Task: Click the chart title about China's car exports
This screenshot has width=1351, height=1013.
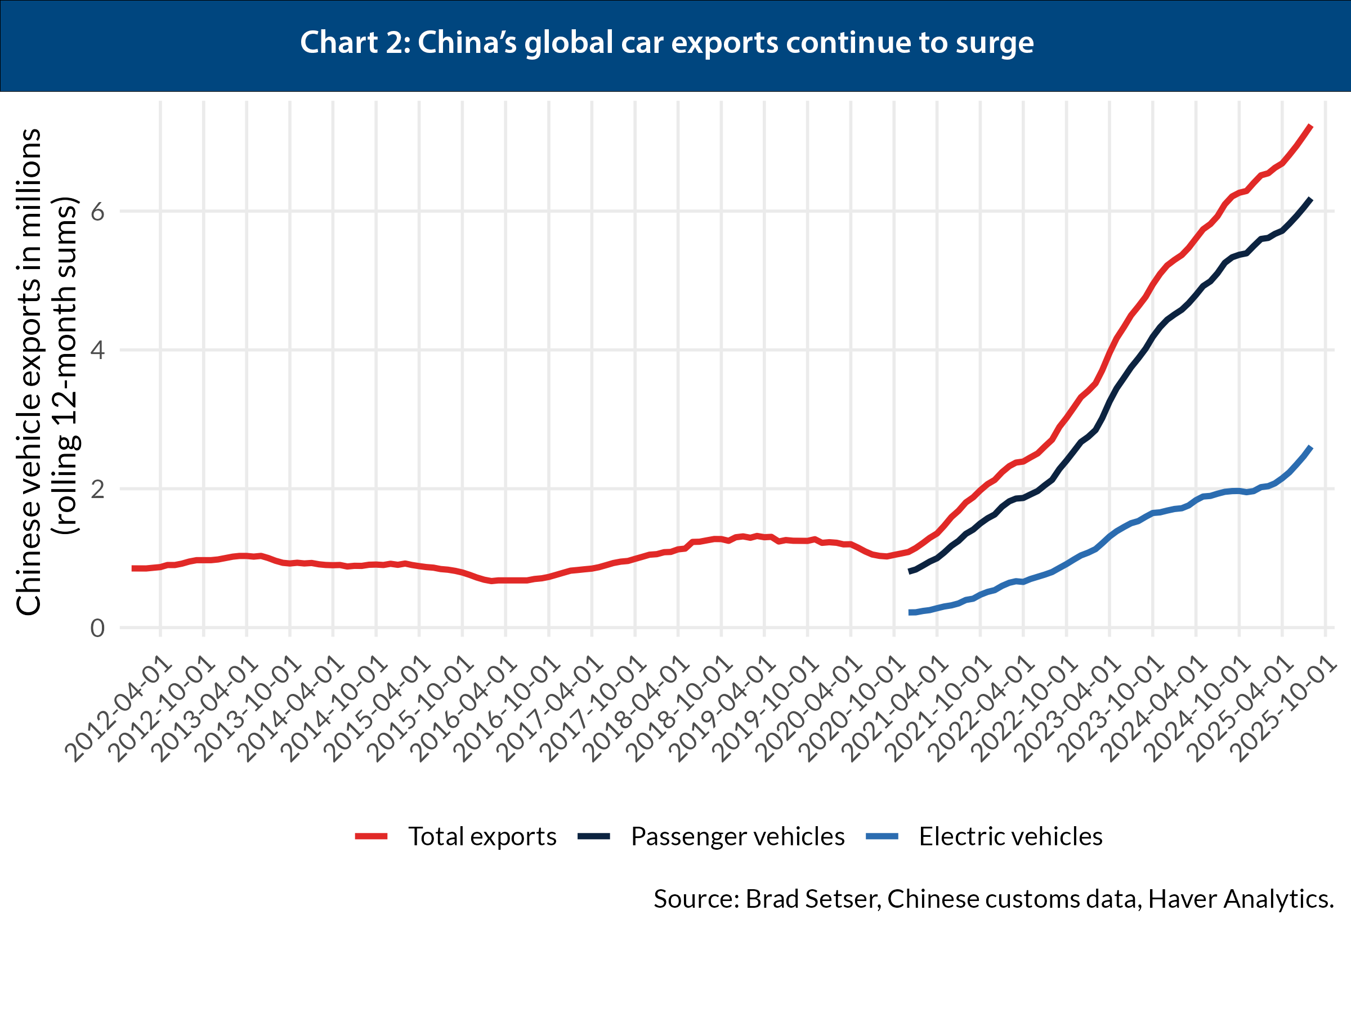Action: tap(666, 43)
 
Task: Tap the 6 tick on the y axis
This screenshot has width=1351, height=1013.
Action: tap(98, 212)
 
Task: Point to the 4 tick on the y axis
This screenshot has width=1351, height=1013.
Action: tap(98, 351)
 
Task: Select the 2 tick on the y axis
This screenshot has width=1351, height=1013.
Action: tap(98, 489)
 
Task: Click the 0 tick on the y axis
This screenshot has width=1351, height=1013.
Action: tap(98, 627)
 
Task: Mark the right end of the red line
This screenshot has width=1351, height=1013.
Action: tap(1311, 126)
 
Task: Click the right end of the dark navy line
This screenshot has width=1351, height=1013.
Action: tap(1311, 199)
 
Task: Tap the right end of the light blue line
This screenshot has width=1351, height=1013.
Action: tap(1311, 447)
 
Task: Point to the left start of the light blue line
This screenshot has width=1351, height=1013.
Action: tap(910, 612)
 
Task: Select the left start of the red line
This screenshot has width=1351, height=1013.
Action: tap(133, 568)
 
